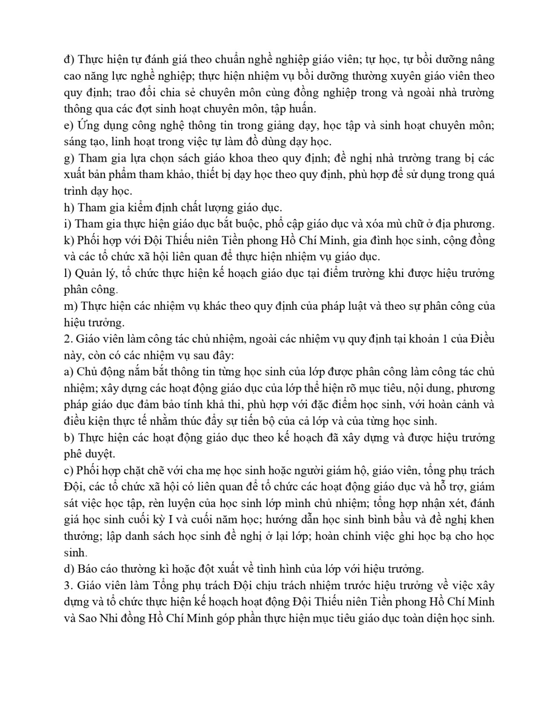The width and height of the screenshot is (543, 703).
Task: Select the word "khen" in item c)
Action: pos(483,520)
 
